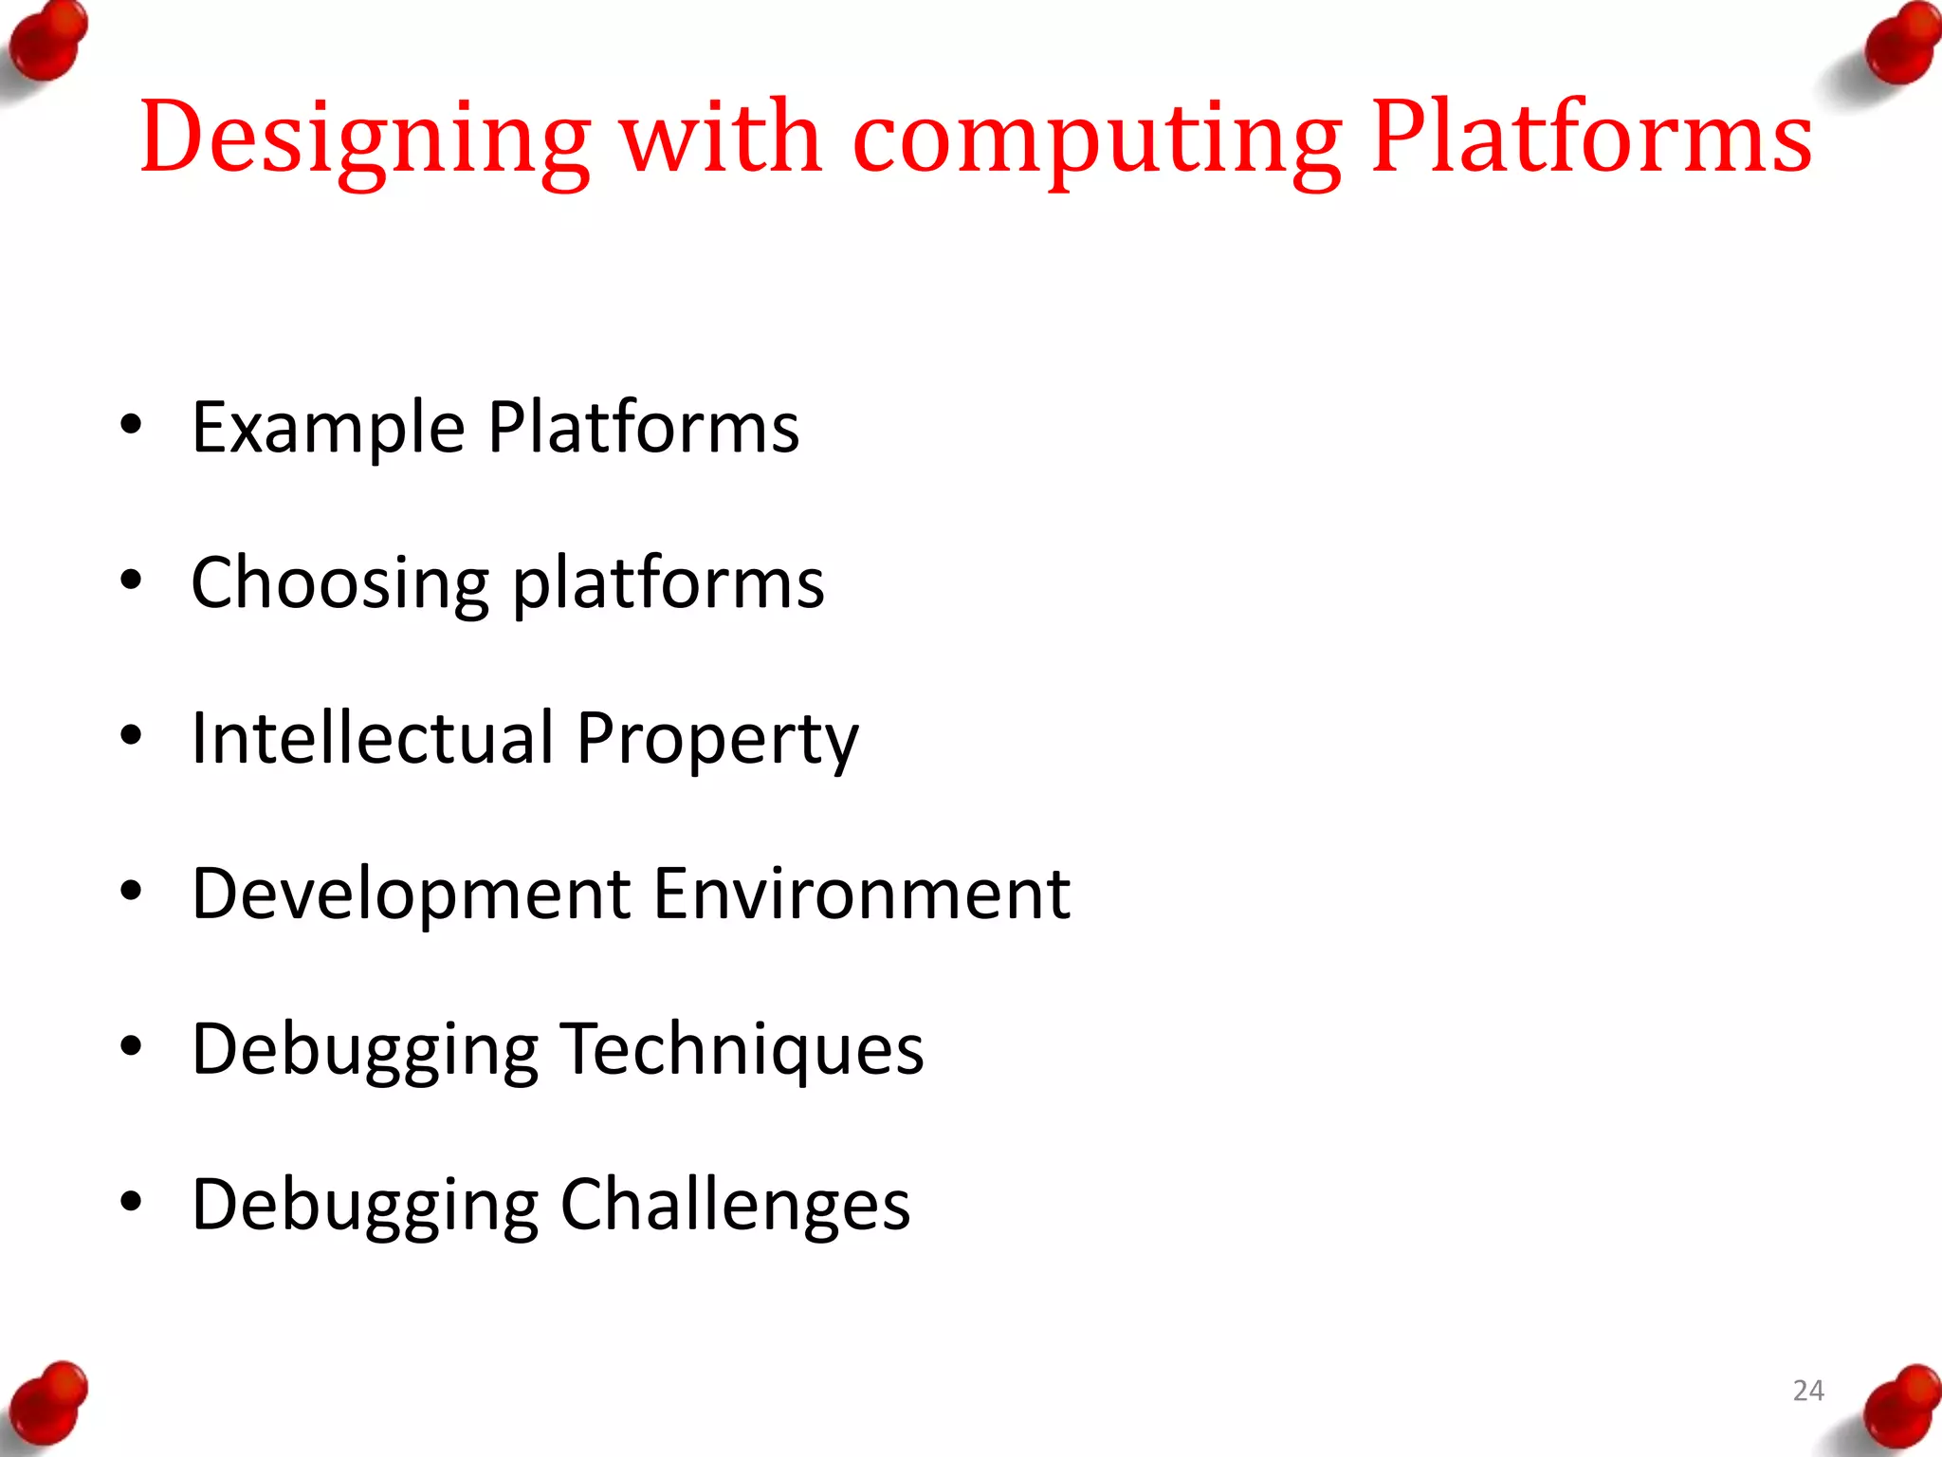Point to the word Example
(328, 429)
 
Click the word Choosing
(340, 584)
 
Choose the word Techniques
(742, 1051)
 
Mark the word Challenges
(735, 1206)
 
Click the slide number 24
(1808, 1391)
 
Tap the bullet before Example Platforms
(131, 425)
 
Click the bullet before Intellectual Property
(131, 735)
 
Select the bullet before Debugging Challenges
(131, 1202)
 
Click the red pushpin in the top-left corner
(47, 43)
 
